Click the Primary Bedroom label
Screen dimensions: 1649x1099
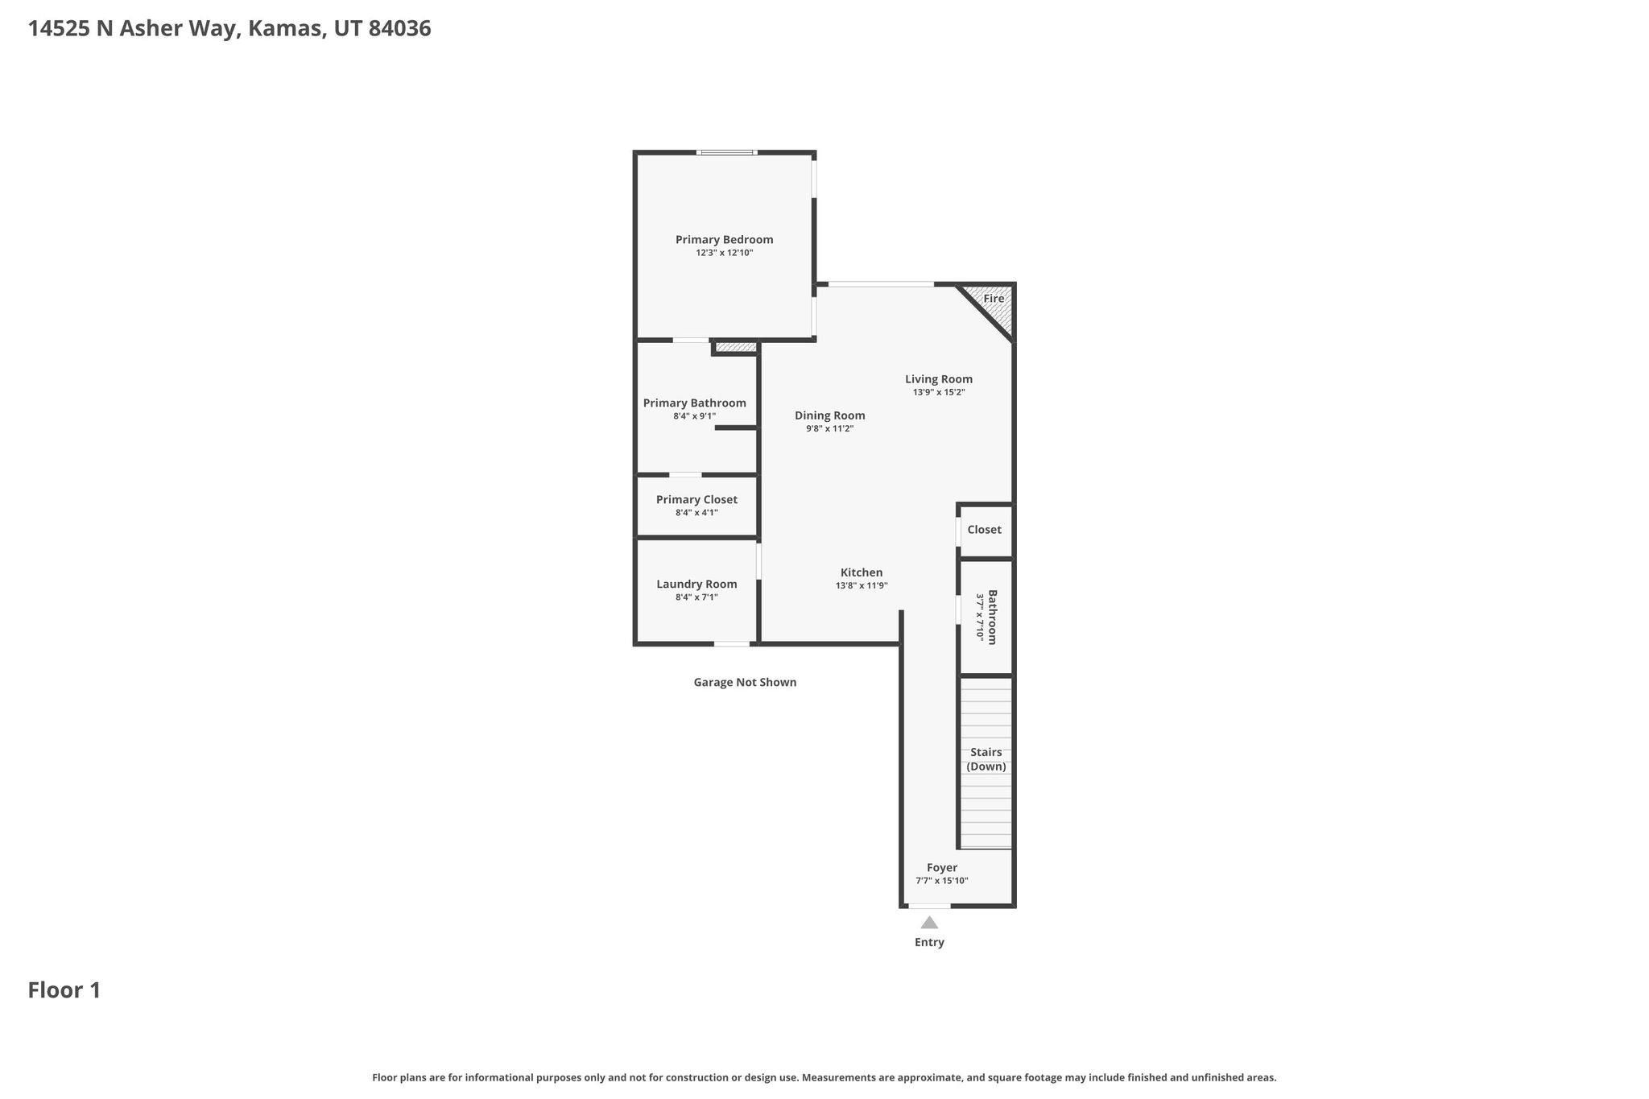(x=724, y=239)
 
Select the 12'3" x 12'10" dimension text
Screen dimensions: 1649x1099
(x=724, y=253)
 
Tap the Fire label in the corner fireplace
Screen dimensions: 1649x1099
(x=994, y=299)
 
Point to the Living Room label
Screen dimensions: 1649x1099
(x=938, y=379)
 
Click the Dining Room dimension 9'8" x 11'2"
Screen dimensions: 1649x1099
(x=829, y=429)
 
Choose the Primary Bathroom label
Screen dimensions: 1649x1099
(x=694, y=403)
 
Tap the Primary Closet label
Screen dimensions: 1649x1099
(x=696, y=500)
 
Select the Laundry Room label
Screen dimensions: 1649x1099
(x=696, y=585)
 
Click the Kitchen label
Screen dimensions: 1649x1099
(x=862, y=572)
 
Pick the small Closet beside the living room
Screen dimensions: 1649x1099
(x=984, y=530)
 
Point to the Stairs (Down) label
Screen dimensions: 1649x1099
(x=986, y=759)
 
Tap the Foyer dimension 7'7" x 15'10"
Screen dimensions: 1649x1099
(x=941, y=881)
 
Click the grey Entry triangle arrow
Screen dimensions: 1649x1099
(x=929, y=923)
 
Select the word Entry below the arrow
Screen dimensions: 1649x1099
(x=929, y=942)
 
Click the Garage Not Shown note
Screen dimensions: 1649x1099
(x=745, y=683)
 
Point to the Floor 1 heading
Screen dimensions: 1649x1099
(x=64, y=990)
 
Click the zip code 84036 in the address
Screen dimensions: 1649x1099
(x=399, y=29)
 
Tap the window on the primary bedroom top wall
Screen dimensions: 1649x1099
(x=726, y=152)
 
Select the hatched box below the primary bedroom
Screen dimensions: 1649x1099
(x=736, y=348)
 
